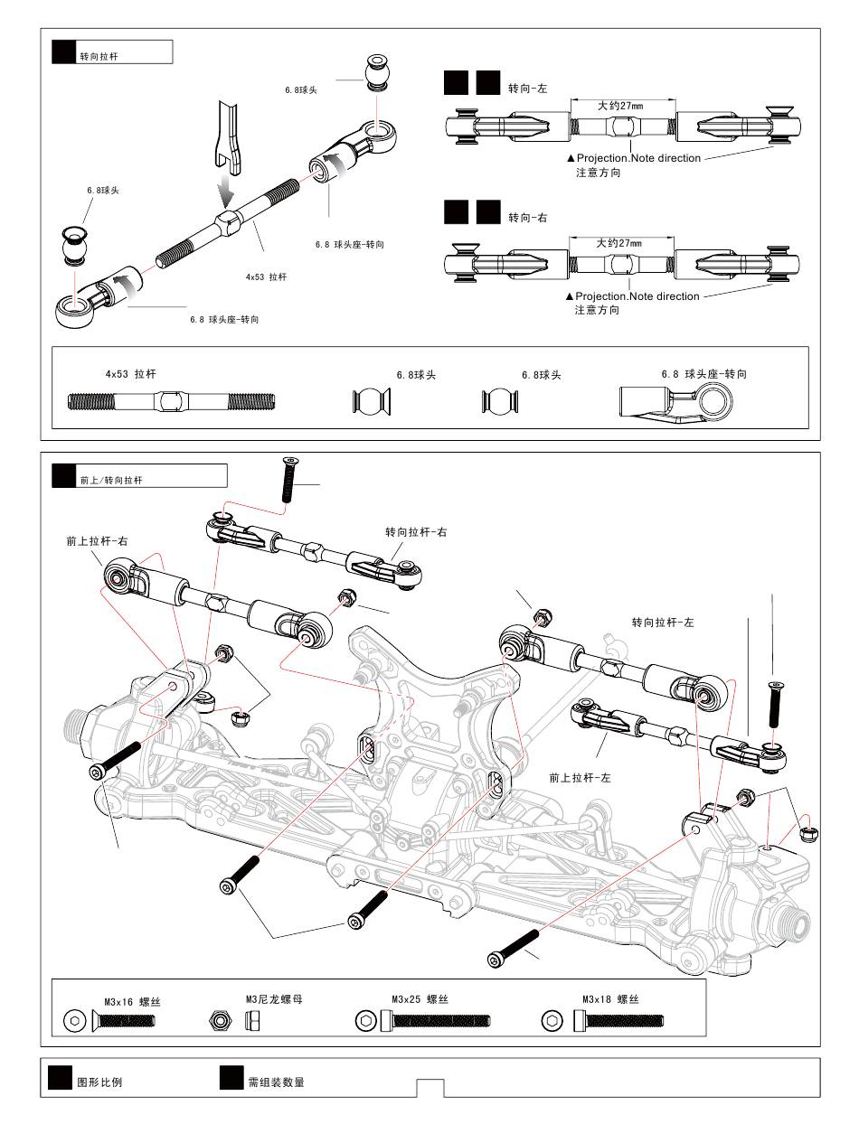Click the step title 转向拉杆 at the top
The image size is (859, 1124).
tap(99, 56)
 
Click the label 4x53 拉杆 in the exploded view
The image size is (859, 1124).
tap(266, 277)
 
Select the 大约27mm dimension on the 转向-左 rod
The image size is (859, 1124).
tap(619, 106)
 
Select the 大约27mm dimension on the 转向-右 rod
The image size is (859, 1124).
tap(618, 243)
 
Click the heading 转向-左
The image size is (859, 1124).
tap(527, 89)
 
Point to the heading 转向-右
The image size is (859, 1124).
tap(527, 218)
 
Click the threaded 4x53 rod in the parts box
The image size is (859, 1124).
tap(172, 401)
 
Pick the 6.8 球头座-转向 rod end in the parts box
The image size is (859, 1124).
tap(675, 406)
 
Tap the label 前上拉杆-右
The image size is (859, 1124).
tap(97, 541)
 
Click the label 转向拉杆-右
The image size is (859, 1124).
tap(416, 532)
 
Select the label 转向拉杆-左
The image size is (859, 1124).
tap(663, 623)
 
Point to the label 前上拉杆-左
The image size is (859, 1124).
tap(580, 778)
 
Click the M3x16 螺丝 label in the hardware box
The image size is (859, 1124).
tap(133, 1002)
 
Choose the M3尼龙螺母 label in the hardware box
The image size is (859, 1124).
tap(274, 999)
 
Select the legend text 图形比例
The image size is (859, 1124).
tap(99, 1082)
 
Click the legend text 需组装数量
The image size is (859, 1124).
tap(276, 1082)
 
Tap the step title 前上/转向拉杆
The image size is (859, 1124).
tap(111, 480)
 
